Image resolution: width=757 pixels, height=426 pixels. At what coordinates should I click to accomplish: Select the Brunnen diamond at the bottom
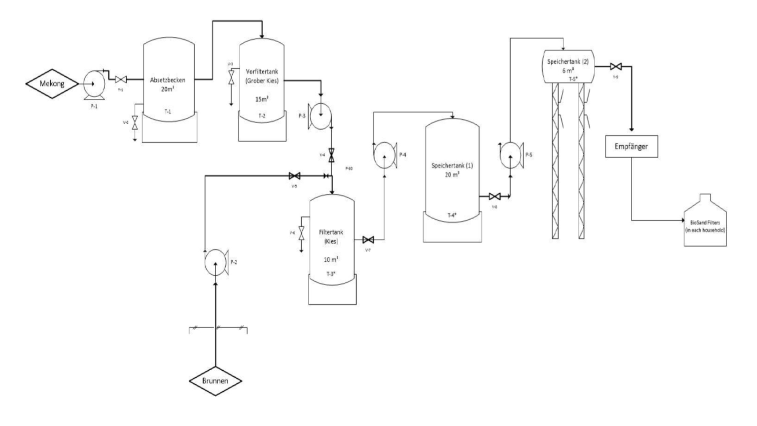[215, 380]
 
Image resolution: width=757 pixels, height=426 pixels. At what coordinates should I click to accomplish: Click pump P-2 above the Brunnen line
[215, 262]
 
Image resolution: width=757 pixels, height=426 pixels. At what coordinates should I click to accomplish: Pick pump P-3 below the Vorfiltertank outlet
[320, 116]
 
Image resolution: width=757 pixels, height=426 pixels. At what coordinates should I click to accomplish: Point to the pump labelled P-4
[384, 155]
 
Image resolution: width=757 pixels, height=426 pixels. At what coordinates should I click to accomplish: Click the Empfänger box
[631, 146]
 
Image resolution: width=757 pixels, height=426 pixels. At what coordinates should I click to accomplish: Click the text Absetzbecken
[168, 80]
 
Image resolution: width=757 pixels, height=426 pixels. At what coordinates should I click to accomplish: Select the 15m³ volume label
[262, 99]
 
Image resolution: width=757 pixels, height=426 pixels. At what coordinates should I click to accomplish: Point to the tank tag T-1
[168, 111]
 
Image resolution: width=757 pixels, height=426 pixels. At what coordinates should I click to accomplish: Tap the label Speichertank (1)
[452, 166]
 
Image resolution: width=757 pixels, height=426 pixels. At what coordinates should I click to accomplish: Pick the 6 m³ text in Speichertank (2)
[568, 71]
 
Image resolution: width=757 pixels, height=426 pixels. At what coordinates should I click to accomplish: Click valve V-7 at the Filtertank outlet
[368, 240]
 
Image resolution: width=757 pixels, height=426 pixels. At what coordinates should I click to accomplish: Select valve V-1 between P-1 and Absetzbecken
[121, 80]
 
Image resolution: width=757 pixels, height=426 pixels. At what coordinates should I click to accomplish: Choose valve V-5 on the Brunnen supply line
[294, 176]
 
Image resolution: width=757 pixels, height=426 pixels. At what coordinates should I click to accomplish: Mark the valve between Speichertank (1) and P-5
[495, 196]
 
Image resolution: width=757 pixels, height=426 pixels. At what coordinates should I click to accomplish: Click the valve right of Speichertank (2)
[615, 66]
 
